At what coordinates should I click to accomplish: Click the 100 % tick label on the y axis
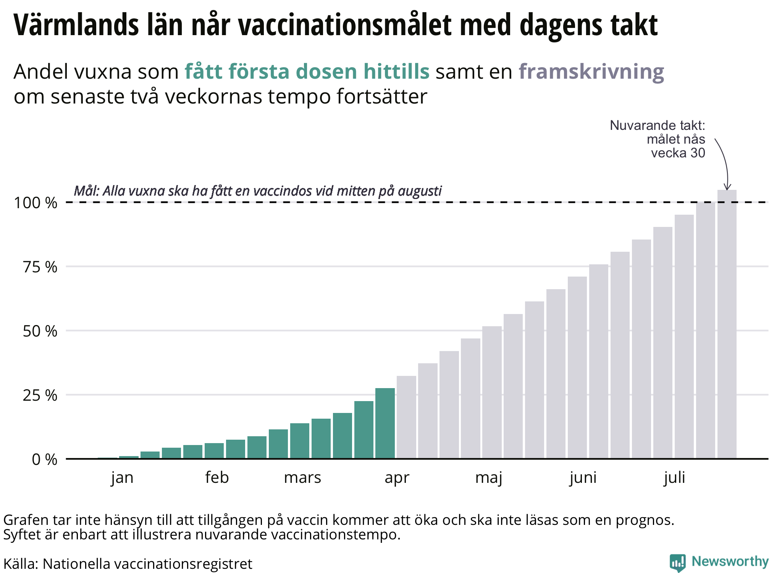pos(36,203)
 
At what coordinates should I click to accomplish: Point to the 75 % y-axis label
pos(40,267)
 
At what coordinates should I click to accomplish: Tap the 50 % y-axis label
pos(40,331)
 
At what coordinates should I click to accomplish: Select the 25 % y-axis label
pos(40,395)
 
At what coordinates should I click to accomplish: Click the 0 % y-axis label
pos(45,460)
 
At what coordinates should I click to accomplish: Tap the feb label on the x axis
pos(217,477)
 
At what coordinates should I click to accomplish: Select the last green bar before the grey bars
pos(385,423)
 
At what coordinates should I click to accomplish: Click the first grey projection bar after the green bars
pos(406,417)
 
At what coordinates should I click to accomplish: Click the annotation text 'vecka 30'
pos(678,153)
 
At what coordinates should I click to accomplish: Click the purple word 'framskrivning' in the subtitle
pos(591,72)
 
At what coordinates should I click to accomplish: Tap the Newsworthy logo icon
pos(678,563)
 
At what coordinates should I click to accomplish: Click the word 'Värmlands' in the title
pos(76,25)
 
